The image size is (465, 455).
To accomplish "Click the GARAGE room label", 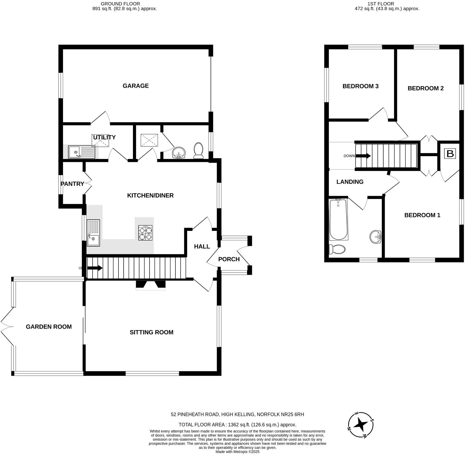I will [x=136, y=86].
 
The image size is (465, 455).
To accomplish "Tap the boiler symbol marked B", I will [x=450, y=154].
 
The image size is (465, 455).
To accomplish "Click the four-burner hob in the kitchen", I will [x=145, y=233].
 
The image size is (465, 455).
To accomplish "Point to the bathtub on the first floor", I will [x=338, y=219].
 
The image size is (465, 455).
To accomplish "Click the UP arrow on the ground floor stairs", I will [x=95, y=268].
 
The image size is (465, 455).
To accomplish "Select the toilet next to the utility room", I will [x=199, y=151].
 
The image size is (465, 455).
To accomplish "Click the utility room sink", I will [x=81, y=152].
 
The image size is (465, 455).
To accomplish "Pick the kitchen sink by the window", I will [x=93, y=233].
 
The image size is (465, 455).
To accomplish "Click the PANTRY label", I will [x=72, y=184].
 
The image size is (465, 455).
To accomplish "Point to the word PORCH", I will [x=229, y=259].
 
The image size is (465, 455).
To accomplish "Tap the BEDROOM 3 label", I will [x=360, y=86].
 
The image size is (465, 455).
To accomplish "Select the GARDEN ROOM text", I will [x=49, y=327].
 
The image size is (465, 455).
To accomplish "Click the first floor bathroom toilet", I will [x=337, y=250].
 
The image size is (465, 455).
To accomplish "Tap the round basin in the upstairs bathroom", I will [x=375, y=237].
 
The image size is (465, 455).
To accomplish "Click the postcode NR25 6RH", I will [x=294, y=415].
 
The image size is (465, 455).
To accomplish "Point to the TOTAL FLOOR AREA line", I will [x=237, y=425].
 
